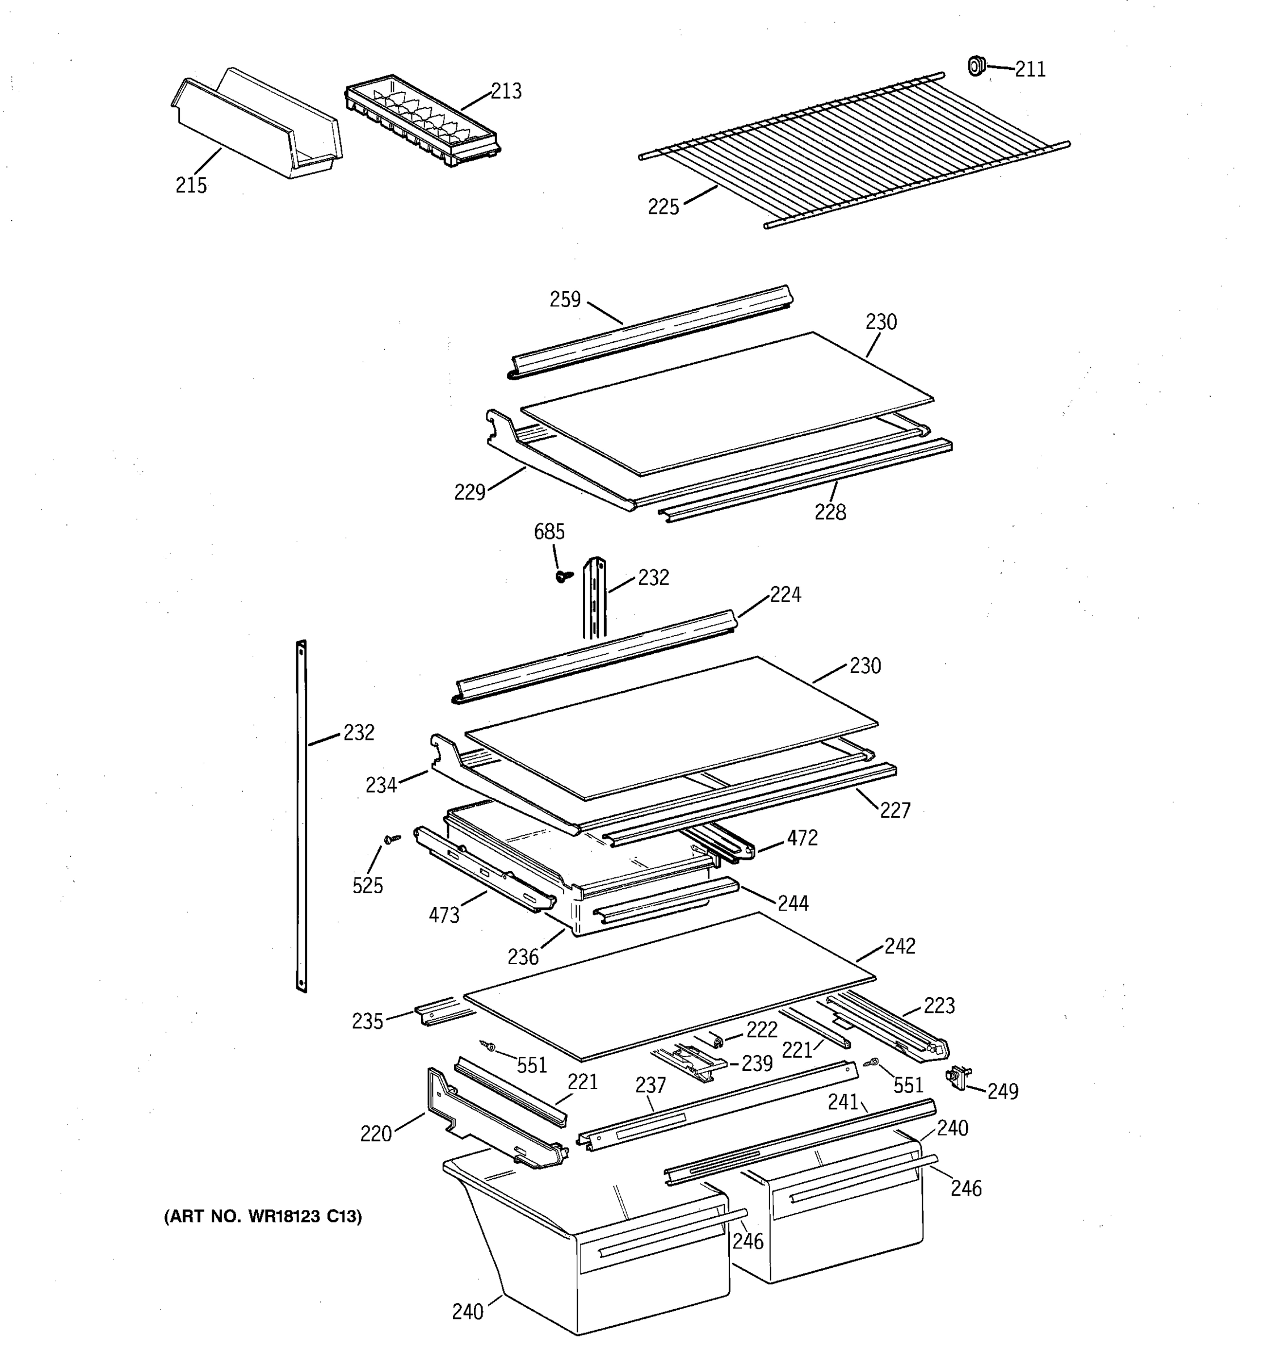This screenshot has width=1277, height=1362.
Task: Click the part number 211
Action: coord(1030,69)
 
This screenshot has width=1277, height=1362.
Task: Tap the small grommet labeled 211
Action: coord(976,66)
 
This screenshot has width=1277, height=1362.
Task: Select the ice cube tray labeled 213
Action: coord(423,121)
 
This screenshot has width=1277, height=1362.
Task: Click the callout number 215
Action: coord(191,186)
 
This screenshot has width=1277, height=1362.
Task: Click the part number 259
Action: coord(565,300)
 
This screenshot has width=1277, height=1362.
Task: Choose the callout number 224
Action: coord(785,594)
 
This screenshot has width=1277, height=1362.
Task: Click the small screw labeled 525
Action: coord(392,839)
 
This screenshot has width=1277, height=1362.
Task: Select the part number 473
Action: coord(444,915)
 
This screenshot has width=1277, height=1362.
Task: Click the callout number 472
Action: coord(801,838)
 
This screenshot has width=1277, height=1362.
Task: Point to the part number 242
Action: coord(900,946)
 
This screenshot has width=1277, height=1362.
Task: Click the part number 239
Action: coord(757,1063)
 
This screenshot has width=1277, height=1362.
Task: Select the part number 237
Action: coord(650,1085)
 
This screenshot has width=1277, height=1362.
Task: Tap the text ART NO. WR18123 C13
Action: coord(262,1217)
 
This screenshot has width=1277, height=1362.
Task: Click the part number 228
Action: coord(830,512)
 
